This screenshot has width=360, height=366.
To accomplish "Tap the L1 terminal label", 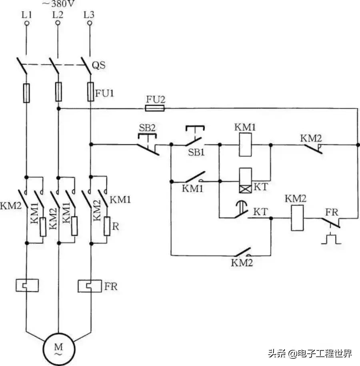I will (26, 15).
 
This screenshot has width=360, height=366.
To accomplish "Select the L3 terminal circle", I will (89, 23).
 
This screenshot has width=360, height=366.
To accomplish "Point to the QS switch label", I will (99, 65).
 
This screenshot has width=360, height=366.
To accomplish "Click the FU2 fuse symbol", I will (154, 108).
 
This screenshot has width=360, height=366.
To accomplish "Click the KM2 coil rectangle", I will (297, 218).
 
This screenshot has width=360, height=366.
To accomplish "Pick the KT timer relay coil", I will (245, 180).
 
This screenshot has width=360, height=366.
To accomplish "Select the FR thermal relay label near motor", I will (112, 287).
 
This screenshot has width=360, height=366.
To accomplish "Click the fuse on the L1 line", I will (26, 93).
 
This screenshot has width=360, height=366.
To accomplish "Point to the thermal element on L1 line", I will (26, 285).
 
